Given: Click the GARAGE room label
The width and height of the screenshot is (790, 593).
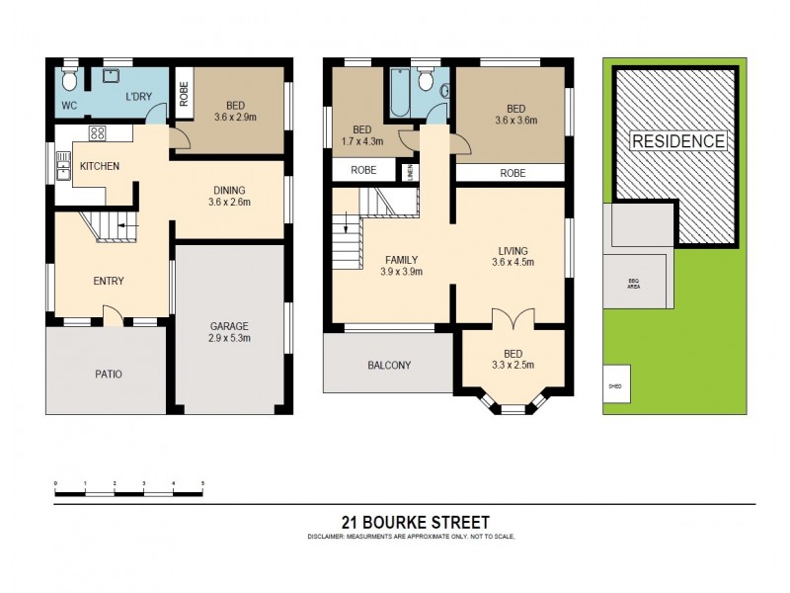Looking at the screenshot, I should (x=228, y=331).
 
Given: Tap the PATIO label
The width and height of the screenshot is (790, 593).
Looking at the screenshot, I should (x=109, y=375).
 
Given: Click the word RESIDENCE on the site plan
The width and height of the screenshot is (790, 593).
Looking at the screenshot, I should (x=677, y=140).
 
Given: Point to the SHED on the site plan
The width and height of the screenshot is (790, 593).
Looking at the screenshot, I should (x=614, y=387).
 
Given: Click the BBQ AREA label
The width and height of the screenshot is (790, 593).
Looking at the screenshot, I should (x=633, y=284).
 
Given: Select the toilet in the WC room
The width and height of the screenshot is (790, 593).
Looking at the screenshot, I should (x=68, y=76).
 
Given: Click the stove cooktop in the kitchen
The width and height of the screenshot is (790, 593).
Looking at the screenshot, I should (x=98, y=133).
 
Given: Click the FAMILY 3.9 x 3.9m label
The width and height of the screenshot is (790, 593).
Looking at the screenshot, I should (x=404, y=266).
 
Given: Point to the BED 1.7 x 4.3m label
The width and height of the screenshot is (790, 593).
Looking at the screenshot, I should (x=361, y=135).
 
